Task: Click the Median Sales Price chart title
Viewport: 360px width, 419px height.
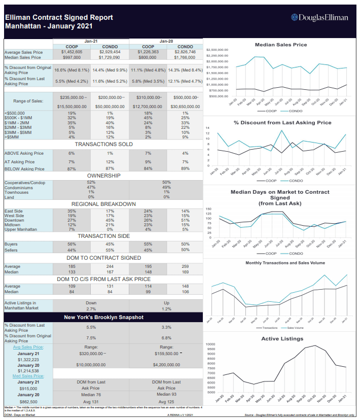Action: click(x=280, y=45)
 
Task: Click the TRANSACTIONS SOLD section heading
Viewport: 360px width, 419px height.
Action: click(x=103, y=144)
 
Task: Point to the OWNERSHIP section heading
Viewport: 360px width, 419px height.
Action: click(x=103, y=176)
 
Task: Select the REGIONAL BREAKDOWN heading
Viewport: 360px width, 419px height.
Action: click(x=103, y=204)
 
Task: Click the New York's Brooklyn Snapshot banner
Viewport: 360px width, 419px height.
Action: click(x=103, y=317)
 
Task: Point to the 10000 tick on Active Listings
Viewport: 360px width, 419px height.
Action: click(x=211, y=344)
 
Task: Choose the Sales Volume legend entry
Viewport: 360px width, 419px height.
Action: click(x=294, y=328)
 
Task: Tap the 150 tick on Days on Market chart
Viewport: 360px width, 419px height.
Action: click(x=208, y=209)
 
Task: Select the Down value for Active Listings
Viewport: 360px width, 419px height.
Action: click(x=91, y=302)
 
